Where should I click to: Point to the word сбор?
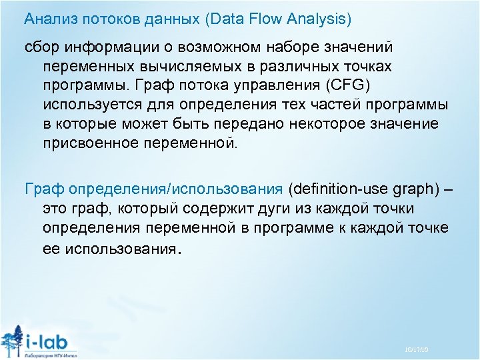[x=39, y=48]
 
